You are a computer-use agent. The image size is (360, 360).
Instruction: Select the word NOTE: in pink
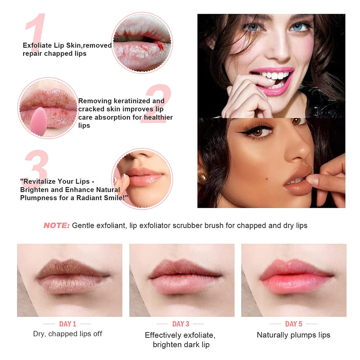tap(57, 226)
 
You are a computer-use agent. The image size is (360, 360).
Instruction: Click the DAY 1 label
tap(67, 324)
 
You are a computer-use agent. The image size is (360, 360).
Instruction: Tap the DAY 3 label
tap(180, 324)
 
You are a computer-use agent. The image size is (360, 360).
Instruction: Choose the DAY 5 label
tap(293, 324)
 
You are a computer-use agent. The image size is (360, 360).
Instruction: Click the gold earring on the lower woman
tap(202, 178)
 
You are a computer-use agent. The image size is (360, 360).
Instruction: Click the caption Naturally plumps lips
tap(294, 335)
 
